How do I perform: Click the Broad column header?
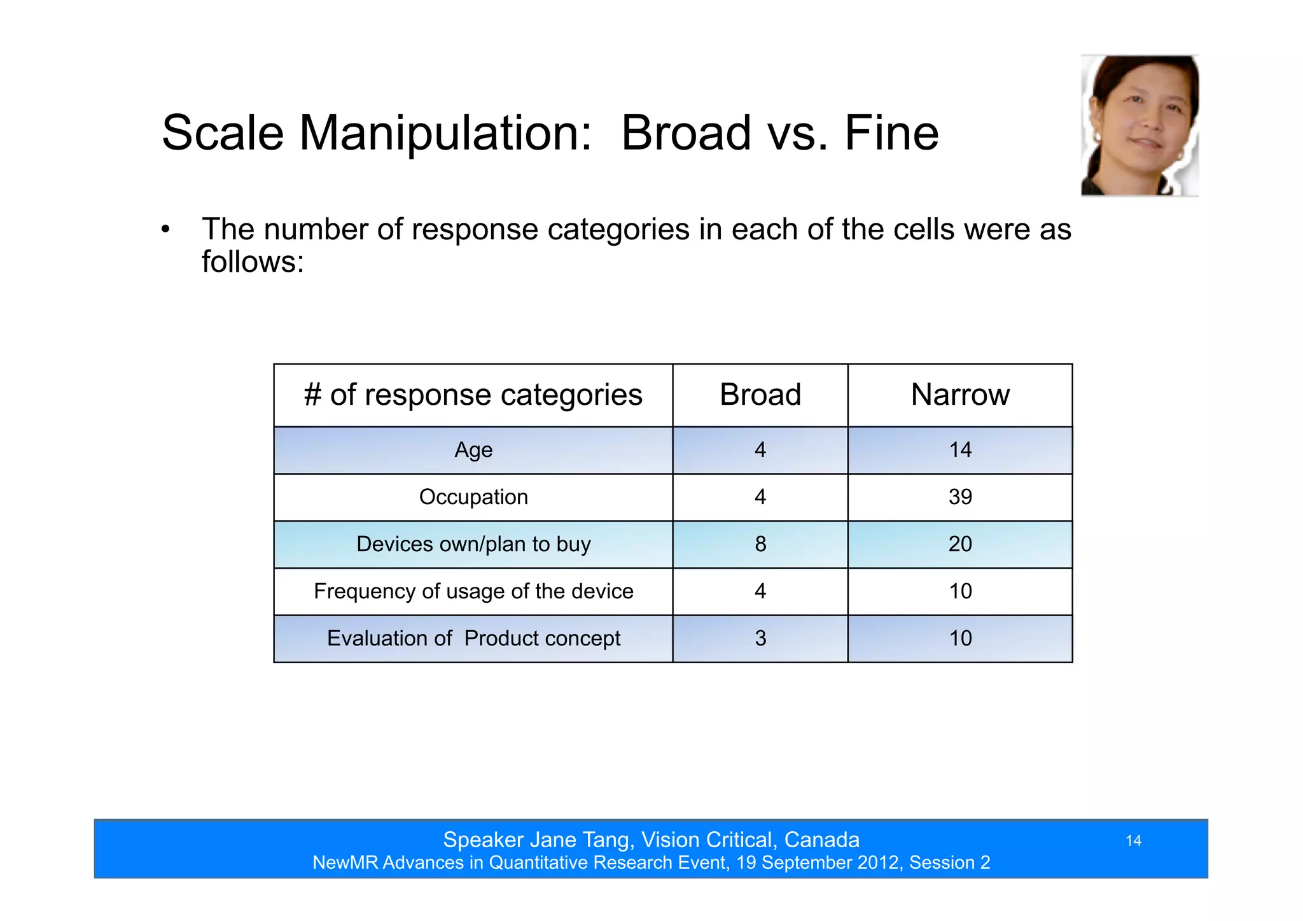tap(760, 395)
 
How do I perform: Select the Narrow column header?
tap(960, 395)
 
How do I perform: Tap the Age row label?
tap(473, 450)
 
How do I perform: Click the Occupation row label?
tap(473, 497)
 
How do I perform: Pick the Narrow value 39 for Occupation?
tap(960, 497)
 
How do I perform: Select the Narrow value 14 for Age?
tap(960, 450)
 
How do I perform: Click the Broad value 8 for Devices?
tap(760, 544)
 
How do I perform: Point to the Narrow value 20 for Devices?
tap(960, 544)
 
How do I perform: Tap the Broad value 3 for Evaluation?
tap(760, 638)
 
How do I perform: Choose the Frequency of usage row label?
tap(473, 591)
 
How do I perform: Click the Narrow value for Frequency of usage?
tap(960, 591)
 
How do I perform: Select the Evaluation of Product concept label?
tap(473, 638)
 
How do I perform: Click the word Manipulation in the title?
tap(445, 134)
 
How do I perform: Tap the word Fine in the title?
tap(891, 134)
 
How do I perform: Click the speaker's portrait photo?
tap(1139, 125)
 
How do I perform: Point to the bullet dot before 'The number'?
tap(165, 230)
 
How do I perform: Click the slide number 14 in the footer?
tap(1133, 841)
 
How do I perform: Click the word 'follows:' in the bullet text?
tap(253, 262)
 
